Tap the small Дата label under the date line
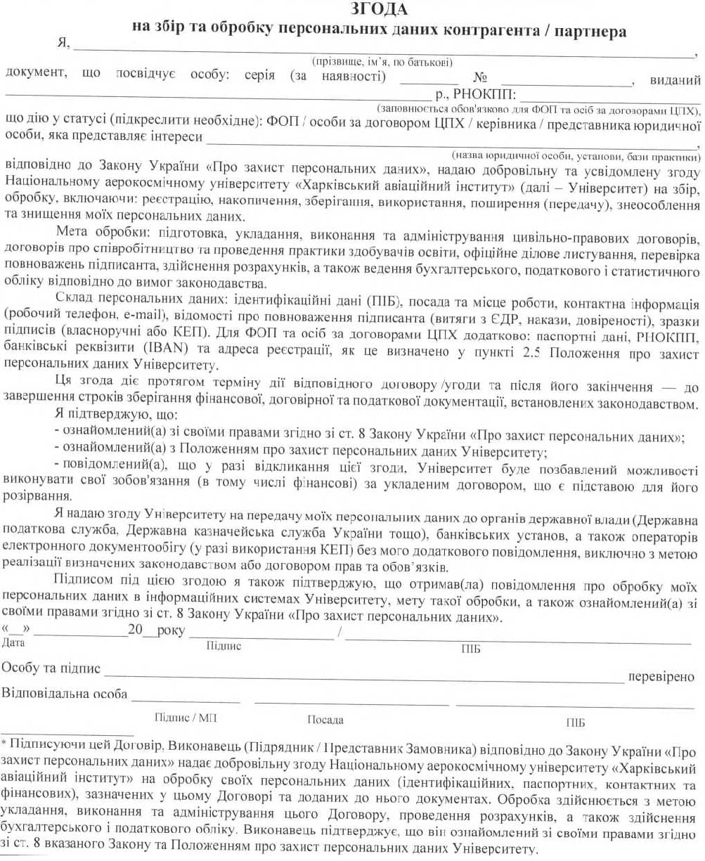tap(14, 642)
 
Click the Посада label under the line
tap(325, 720)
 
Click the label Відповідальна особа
tap(65, 694)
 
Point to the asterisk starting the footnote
tap(4, 742)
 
